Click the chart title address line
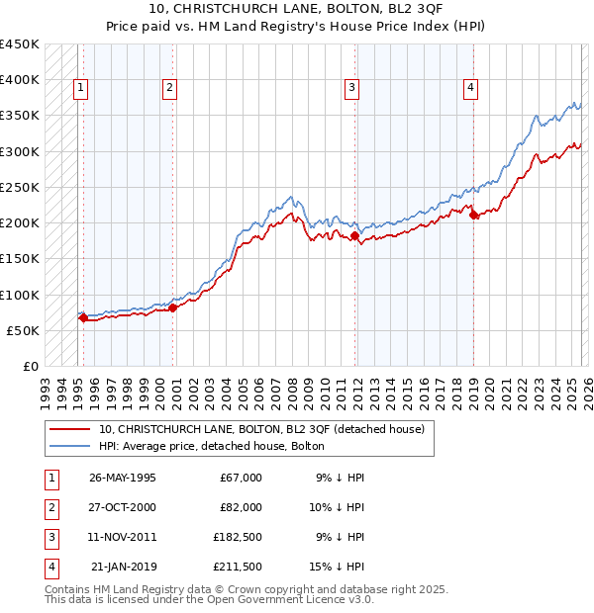[297, 9]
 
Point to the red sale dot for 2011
[354, 235]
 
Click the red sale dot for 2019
[473, 215]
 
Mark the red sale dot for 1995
[83, 317]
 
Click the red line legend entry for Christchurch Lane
[261, 429]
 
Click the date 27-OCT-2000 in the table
[122, 506]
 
